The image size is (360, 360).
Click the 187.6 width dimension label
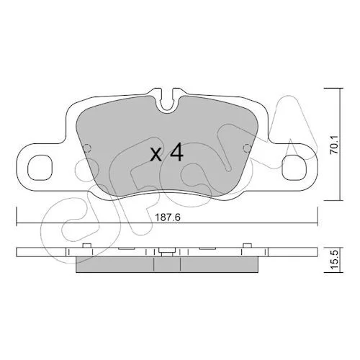coord(168,218)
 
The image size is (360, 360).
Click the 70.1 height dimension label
coord(334,144)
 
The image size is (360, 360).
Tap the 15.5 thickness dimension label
coord(336,260)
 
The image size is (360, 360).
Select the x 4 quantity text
coord(166,153)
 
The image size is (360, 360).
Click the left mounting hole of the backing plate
coord(40,168)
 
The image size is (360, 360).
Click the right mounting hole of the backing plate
coord(294,168)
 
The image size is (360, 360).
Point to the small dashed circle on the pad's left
coord(87,148)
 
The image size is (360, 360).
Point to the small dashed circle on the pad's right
coord(247,148)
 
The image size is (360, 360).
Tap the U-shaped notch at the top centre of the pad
coord(167,102)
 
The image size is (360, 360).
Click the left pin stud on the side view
coord(86,246)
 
